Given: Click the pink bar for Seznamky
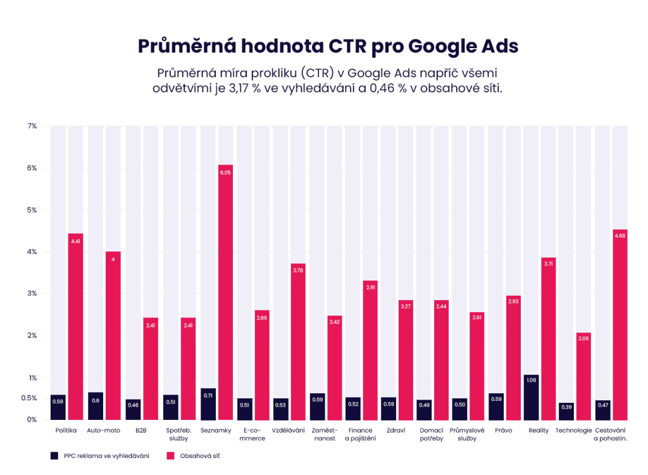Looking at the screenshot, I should coord(225,292).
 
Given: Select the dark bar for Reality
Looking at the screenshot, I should coord(532,397).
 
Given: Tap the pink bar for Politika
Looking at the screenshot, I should coord(76,326).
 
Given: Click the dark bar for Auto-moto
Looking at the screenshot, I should coord(96,406).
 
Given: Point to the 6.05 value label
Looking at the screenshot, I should coord(225,172).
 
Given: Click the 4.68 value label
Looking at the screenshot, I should coord(620,236).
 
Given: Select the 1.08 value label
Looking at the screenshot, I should coord(532,380).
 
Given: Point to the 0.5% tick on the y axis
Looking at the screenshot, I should coord(29,398).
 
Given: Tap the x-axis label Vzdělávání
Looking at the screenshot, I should coord(288,431).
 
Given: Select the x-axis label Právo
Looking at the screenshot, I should coord(504,431).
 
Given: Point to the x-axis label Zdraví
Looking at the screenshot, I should coord(396,431).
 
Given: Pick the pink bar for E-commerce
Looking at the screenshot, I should coord(262,365).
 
